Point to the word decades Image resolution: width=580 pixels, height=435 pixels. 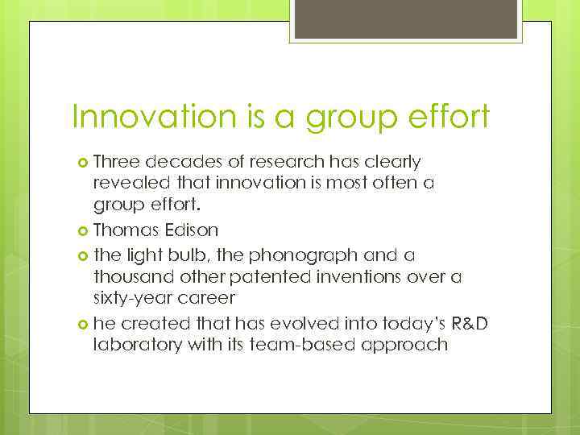180,162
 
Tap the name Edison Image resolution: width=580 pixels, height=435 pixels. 192,230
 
